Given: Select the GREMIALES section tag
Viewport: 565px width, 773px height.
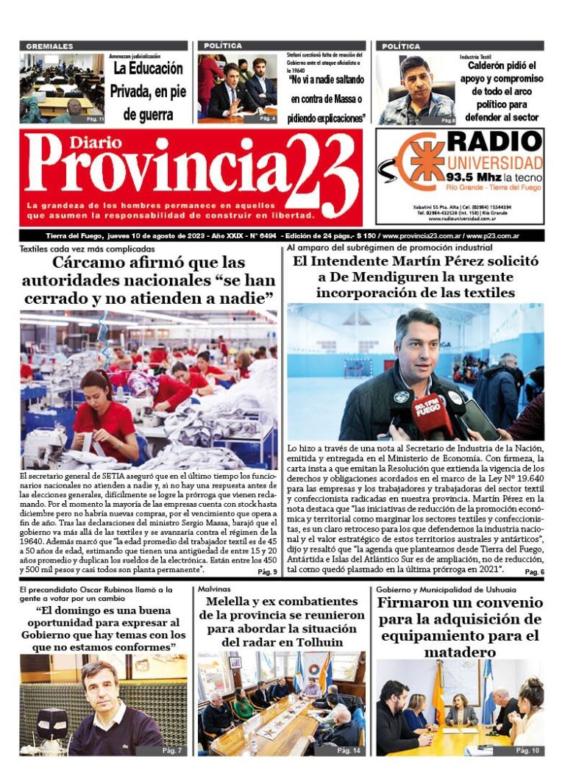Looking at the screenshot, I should (49, 46).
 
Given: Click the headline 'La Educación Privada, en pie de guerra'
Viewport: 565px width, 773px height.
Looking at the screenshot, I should (146, 92).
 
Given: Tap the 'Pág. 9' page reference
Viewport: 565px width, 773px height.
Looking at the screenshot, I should (267, 571).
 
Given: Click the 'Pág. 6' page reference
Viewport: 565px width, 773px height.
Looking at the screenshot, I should (534, 571).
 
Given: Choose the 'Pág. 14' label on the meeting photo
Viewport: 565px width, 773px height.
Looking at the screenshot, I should (349, 750).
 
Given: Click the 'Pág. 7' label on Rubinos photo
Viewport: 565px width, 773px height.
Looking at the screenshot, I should (171, 750).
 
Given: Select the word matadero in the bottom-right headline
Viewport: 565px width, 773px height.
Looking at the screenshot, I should (459, 652).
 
